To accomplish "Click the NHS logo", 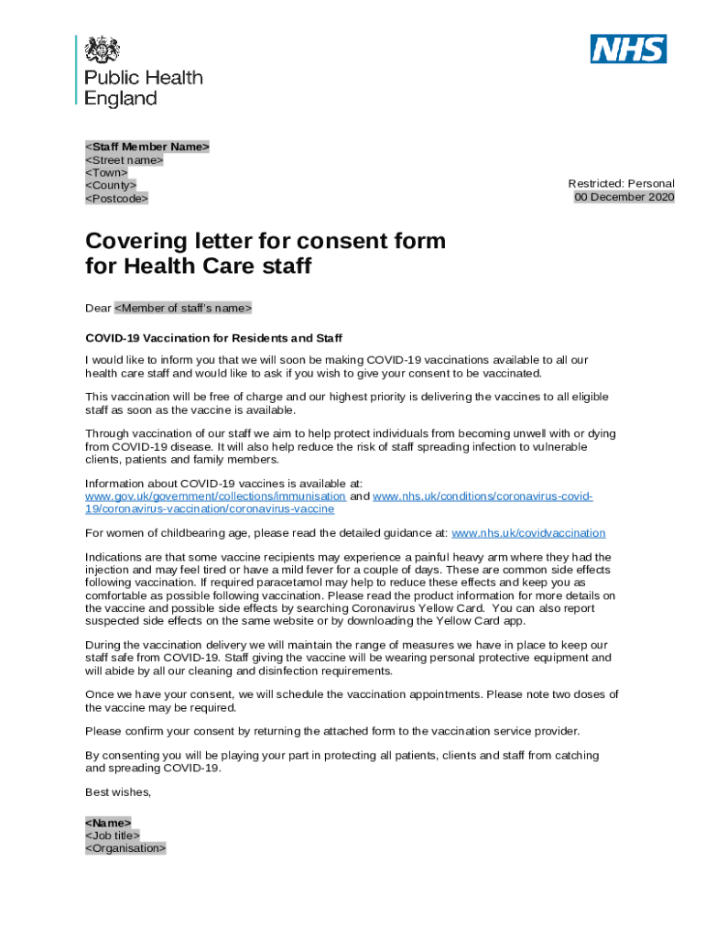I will [x=628, y=49].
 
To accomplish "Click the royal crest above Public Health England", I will [x=103, y=50].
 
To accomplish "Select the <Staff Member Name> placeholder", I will [x=147, y=147].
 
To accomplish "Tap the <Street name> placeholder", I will [x=125, y=159].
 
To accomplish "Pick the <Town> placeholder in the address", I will [x=106, y=172].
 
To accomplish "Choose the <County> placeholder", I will [x=111, y=185].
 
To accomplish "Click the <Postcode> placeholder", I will [x=116, y=198].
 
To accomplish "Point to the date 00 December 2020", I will [x=624, y=197].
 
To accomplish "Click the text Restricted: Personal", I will [x=621, y=184].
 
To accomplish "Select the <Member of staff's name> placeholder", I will [x=182, y=308].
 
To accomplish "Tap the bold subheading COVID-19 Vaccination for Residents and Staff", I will [x=213, y=338].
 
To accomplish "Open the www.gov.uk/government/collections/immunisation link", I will [x=215, y=496].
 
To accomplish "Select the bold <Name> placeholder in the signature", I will [x=108, y=823].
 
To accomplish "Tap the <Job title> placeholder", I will [x=113, y=835].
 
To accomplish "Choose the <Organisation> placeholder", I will [x=125, y=848].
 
